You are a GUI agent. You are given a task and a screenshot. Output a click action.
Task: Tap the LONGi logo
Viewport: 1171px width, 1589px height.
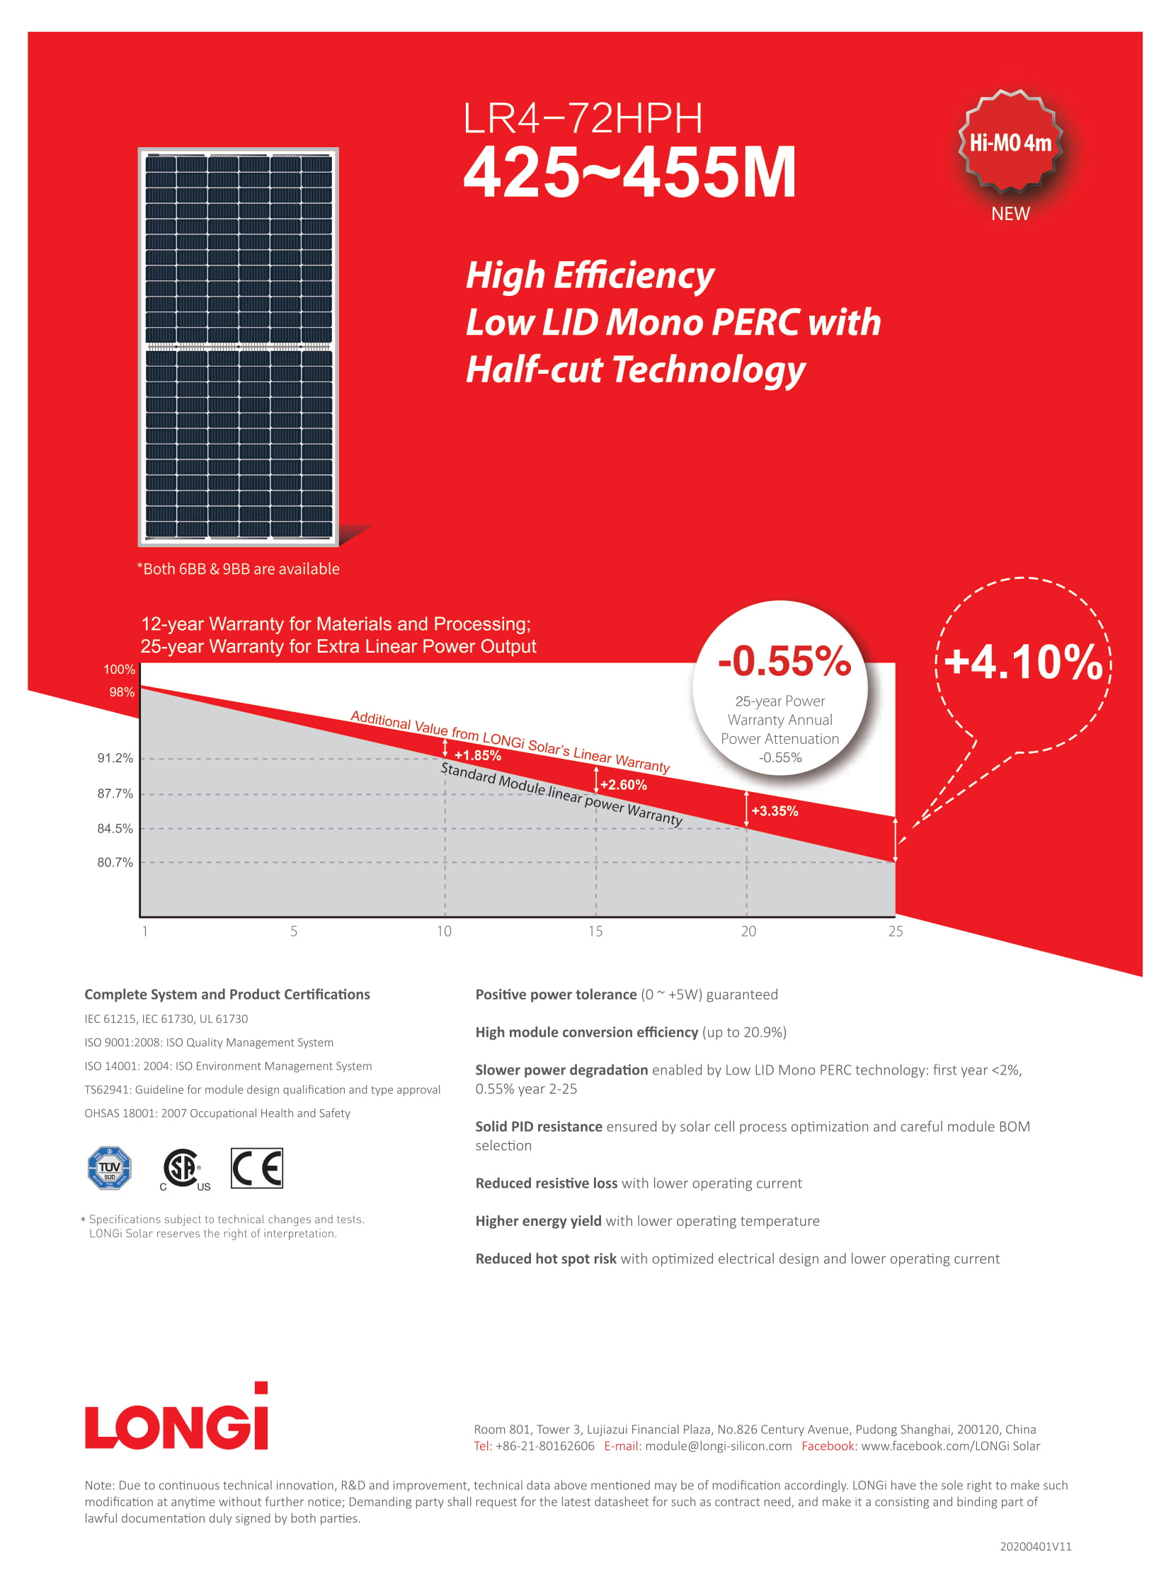[x=176, y=1418]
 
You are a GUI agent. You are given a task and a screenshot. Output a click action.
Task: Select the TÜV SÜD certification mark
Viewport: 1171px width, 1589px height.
[x=109, y=1167]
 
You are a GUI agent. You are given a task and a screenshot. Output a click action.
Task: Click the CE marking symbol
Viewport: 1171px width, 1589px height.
[x=256, y=1167]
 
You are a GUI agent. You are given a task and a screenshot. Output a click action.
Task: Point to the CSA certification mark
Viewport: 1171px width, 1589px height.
[x=183, y=1169]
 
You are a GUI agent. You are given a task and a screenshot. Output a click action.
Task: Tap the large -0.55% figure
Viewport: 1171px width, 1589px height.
[x=783, y=660]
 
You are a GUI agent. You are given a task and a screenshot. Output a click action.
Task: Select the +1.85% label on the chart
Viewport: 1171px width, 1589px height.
[x=478, y=755]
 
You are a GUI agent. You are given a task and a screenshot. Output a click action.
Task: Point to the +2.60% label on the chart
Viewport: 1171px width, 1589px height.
[x=623, y=784]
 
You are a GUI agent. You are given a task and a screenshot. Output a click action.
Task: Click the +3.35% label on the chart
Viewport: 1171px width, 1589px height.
[x=774, y=811]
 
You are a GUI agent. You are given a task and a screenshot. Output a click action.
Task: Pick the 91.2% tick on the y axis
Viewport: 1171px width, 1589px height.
[x=115, y=757]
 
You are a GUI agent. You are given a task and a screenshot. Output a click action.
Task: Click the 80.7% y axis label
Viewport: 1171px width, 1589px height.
[x=115, y=862]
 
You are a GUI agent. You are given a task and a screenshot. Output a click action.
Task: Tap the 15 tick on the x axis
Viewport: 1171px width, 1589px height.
[x=595, y=931]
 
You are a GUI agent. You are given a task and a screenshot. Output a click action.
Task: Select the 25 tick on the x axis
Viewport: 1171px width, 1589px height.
[x=896, y=931]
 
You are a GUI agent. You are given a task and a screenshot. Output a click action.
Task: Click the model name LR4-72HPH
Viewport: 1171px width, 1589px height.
[x=583, y=118]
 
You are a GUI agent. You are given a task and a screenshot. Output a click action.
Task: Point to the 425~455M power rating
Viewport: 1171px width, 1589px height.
[x=629, y=172]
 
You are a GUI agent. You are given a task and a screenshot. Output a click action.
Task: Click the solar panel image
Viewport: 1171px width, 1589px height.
[x=238, y=347]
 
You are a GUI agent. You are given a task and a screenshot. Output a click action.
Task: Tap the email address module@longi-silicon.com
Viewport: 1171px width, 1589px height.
[x=718, y=1446]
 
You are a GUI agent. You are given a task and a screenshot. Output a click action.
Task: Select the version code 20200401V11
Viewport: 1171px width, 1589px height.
[x=1035, y=1546]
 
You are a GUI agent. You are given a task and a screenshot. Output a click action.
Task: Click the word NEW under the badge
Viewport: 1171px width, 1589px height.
[x=1010, y=213]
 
